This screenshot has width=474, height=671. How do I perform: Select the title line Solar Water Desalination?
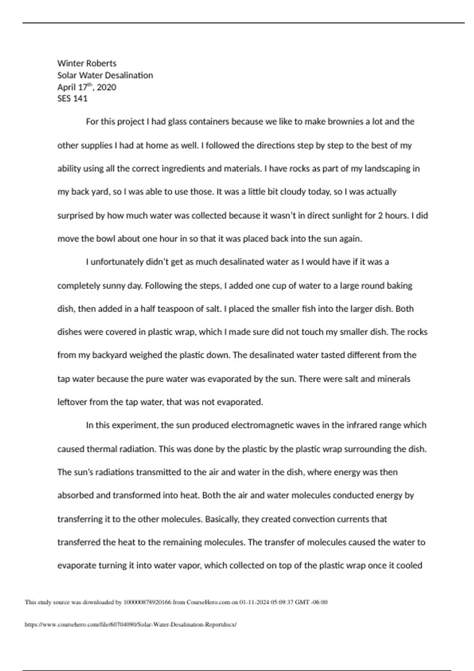tap(105, 75)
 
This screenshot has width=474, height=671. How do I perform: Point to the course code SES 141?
tap(72, 99)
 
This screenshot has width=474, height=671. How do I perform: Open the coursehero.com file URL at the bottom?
tap(131, 625)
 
